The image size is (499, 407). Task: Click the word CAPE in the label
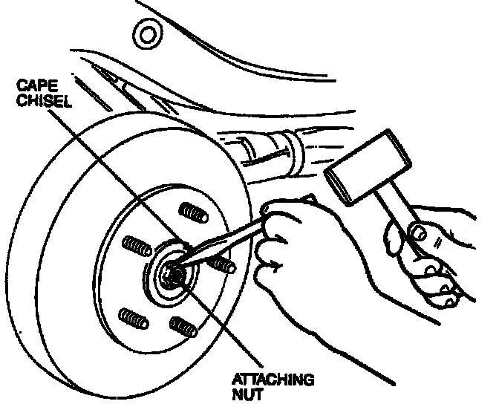click(38, 86)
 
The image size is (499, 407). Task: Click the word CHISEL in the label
click(45, 101)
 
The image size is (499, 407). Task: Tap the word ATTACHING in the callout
click(273, 380)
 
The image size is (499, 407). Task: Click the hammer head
click(368, 168)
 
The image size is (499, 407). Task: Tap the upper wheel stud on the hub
click(193, 212)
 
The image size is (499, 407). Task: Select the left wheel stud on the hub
click(137, 246)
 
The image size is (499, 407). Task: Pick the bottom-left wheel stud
click(134, 319)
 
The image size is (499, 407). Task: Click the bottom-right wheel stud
click(183, 327)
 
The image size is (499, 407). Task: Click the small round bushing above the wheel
click(147, 34)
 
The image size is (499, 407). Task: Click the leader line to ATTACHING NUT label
click(223, 325)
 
